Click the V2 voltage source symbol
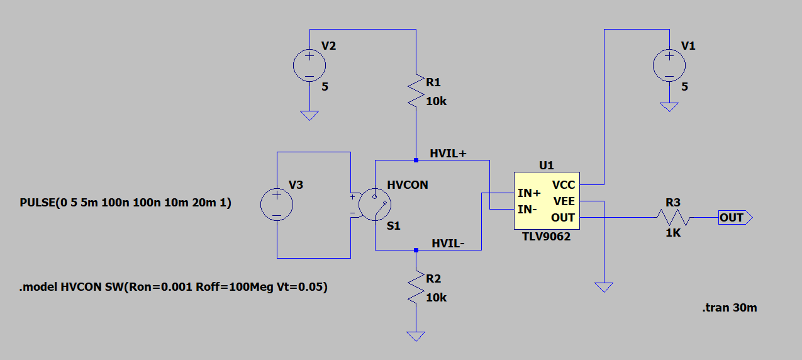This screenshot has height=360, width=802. (x=309, y=65)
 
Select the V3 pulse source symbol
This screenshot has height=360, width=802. (x=277, y=205)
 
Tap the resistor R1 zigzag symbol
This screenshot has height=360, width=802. (x=416, y=91)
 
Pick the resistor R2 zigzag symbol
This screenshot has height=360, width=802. (x=416, y=287)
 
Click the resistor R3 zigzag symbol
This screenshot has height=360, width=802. (x=673, y=218)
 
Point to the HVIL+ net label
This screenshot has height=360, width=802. (x=448, y=154)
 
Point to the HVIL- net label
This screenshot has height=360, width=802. (x=448, y=244)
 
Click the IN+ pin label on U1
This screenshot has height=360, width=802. (x=529, y=193)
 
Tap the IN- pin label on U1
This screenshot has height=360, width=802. (x=528, y=209)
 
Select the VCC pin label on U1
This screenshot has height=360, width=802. (x=564, y=185)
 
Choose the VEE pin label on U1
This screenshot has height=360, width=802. (x=564, y=201)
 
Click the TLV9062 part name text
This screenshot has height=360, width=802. (x=546, y=237)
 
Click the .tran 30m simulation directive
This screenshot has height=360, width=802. (x=729, y=308)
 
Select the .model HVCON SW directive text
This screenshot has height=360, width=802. (x=173, y=288)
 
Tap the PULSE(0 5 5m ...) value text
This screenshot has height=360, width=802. (x=126, y=203)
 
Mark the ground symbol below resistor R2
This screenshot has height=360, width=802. (x=415, y=336)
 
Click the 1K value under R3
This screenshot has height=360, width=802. (x=673, y=232)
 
